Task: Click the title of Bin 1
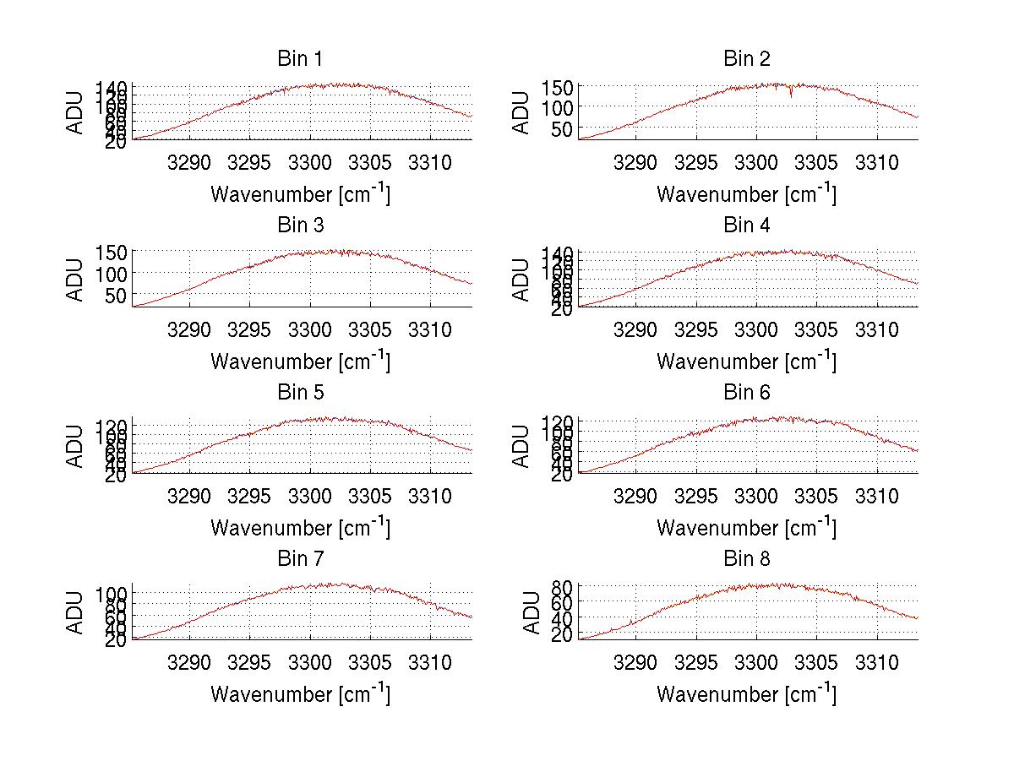click(x=300, y=59)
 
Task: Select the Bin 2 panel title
click(x=747, y=59)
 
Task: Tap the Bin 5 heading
click(x=300, y=393)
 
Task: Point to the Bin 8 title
click(x=747, y=559)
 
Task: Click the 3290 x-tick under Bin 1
click(x=190, y=162)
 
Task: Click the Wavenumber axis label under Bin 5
click(x=300, y=528)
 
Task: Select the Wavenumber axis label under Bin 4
click(x=747, y=361)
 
